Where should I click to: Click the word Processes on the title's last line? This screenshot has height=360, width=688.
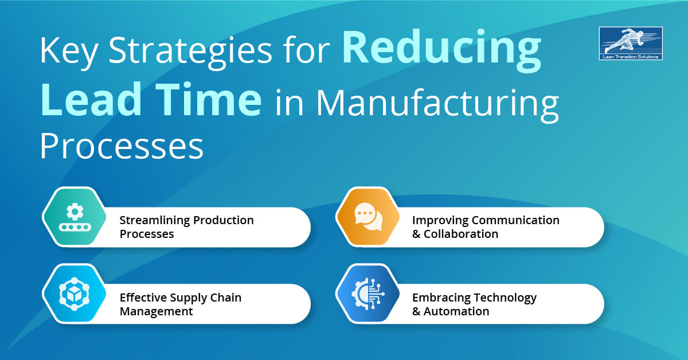(122, 146)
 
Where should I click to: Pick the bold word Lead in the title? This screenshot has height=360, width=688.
(92, 100)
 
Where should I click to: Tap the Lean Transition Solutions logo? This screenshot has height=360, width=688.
(630, 44)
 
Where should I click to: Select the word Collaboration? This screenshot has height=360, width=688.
(461, 234)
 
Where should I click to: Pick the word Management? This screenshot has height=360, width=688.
(156, 311)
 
